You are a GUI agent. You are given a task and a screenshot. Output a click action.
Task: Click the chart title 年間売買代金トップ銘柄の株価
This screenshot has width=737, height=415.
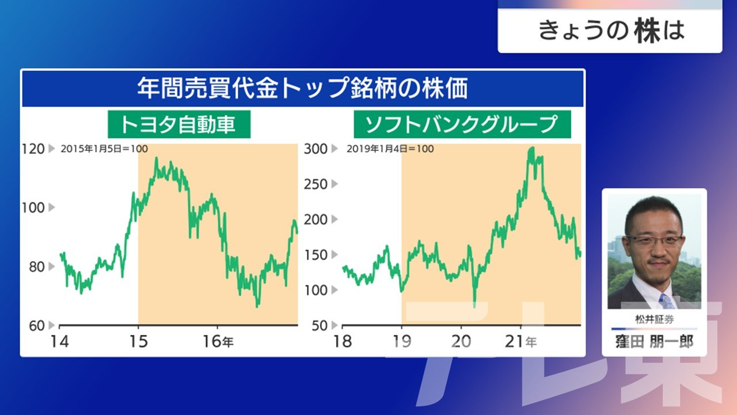[302, 88]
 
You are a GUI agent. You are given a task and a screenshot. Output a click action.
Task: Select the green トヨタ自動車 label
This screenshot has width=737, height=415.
[179, 124]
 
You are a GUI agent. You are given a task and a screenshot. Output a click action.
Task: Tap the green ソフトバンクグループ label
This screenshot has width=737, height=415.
[462, 124]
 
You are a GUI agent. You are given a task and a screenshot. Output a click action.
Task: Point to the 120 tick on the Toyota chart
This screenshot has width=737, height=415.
[33, 149]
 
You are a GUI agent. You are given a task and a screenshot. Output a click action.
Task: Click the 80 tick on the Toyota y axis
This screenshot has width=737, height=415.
[36, 267]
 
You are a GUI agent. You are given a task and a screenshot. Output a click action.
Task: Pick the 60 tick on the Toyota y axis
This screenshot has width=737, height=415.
[36, 326]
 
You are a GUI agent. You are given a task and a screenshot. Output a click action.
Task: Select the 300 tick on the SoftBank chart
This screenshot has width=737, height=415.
[316, 149]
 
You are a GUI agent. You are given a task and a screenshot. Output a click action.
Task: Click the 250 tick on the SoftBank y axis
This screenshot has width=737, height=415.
[316, 184]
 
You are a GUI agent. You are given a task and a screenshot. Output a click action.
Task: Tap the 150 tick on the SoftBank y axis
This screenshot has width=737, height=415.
[316, 255]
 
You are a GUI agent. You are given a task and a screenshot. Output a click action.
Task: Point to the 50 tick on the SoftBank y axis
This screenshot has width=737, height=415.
[320, 326]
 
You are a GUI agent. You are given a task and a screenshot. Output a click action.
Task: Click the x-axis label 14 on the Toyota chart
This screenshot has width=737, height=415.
[59, 342]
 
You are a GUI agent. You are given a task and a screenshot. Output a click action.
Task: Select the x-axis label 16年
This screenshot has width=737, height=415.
[218, 342]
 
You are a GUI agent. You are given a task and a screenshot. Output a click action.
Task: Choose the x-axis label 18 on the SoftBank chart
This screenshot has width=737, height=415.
[343, 342]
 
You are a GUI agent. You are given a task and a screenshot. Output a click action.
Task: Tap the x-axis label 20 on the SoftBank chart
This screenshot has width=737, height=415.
[461, 342]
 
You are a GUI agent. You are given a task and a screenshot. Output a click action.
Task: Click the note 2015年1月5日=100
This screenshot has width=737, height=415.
[104, 149]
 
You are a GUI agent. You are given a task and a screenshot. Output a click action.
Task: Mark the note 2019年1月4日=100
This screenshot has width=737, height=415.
[390, 149]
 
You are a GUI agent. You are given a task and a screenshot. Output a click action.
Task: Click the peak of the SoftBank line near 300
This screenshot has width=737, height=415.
[531, 148]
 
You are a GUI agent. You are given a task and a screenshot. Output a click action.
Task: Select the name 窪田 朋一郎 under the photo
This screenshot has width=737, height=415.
[655, 342]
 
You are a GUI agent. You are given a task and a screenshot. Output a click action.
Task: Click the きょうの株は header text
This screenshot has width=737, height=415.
[611, 31]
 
